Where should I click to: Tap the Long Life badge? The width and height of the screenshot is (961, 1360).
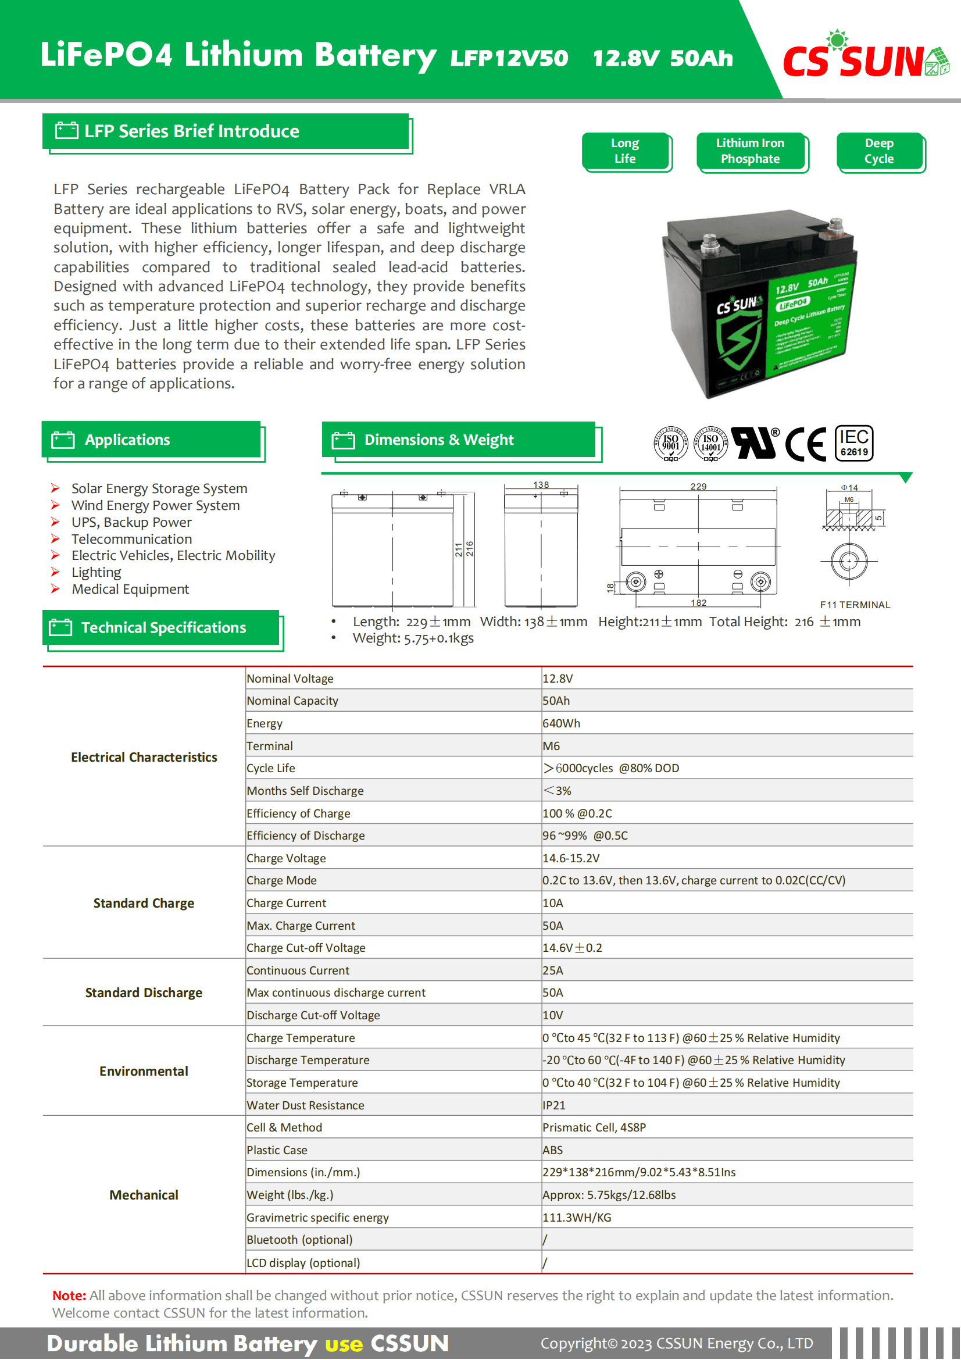click(x=626, y=151)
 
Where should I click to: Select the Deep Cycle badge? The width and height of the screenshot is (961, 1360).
click(x=878, y=151)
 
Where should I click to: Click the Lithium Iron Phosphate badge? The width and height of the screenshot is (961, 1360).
click(x=750, y=151)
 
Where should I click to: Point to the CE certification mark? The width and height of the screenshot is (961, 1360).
click(x=805, y=444)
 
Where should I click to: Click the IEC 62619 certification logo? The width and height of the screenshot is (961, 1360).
click(x=854, y=443)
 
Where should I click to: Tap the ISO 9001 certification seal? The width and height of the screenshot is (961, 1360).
click(x=670, y=443)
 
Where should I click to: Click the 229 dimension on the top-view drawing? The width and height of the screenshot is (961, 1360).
click(x=698, y=486)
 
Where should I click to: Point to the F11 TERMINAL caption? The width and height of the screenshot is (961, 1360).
click(x=855, y=605)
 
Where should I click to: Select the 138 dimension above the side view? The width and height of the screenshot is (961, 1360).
click(x=541, y=484)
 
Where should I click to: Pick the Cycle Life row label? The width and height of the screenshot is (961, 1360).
click(x=270, y=768)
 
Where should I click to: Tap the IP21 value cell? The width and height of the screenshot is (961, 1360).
click(x=553, y=1105)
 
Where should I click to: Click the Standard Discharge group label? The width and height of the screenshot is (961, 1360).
click(x=143, y=993)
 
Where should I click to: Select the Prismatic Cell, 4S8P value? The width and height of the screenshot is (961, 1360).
click(x=594, y=1128)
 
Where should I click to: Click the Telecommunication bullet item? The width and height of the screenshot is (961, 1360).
click(x=131, y=539)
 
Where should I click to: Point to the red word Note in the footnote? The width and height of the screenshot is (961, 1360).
click(x=69, y=1295)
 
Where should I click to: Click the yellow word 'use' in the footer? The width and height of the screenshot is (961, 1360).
click(x=344, y=1344)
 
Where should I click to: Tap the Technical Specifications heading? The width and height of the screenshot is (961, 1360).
click(x=163, y=628)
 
